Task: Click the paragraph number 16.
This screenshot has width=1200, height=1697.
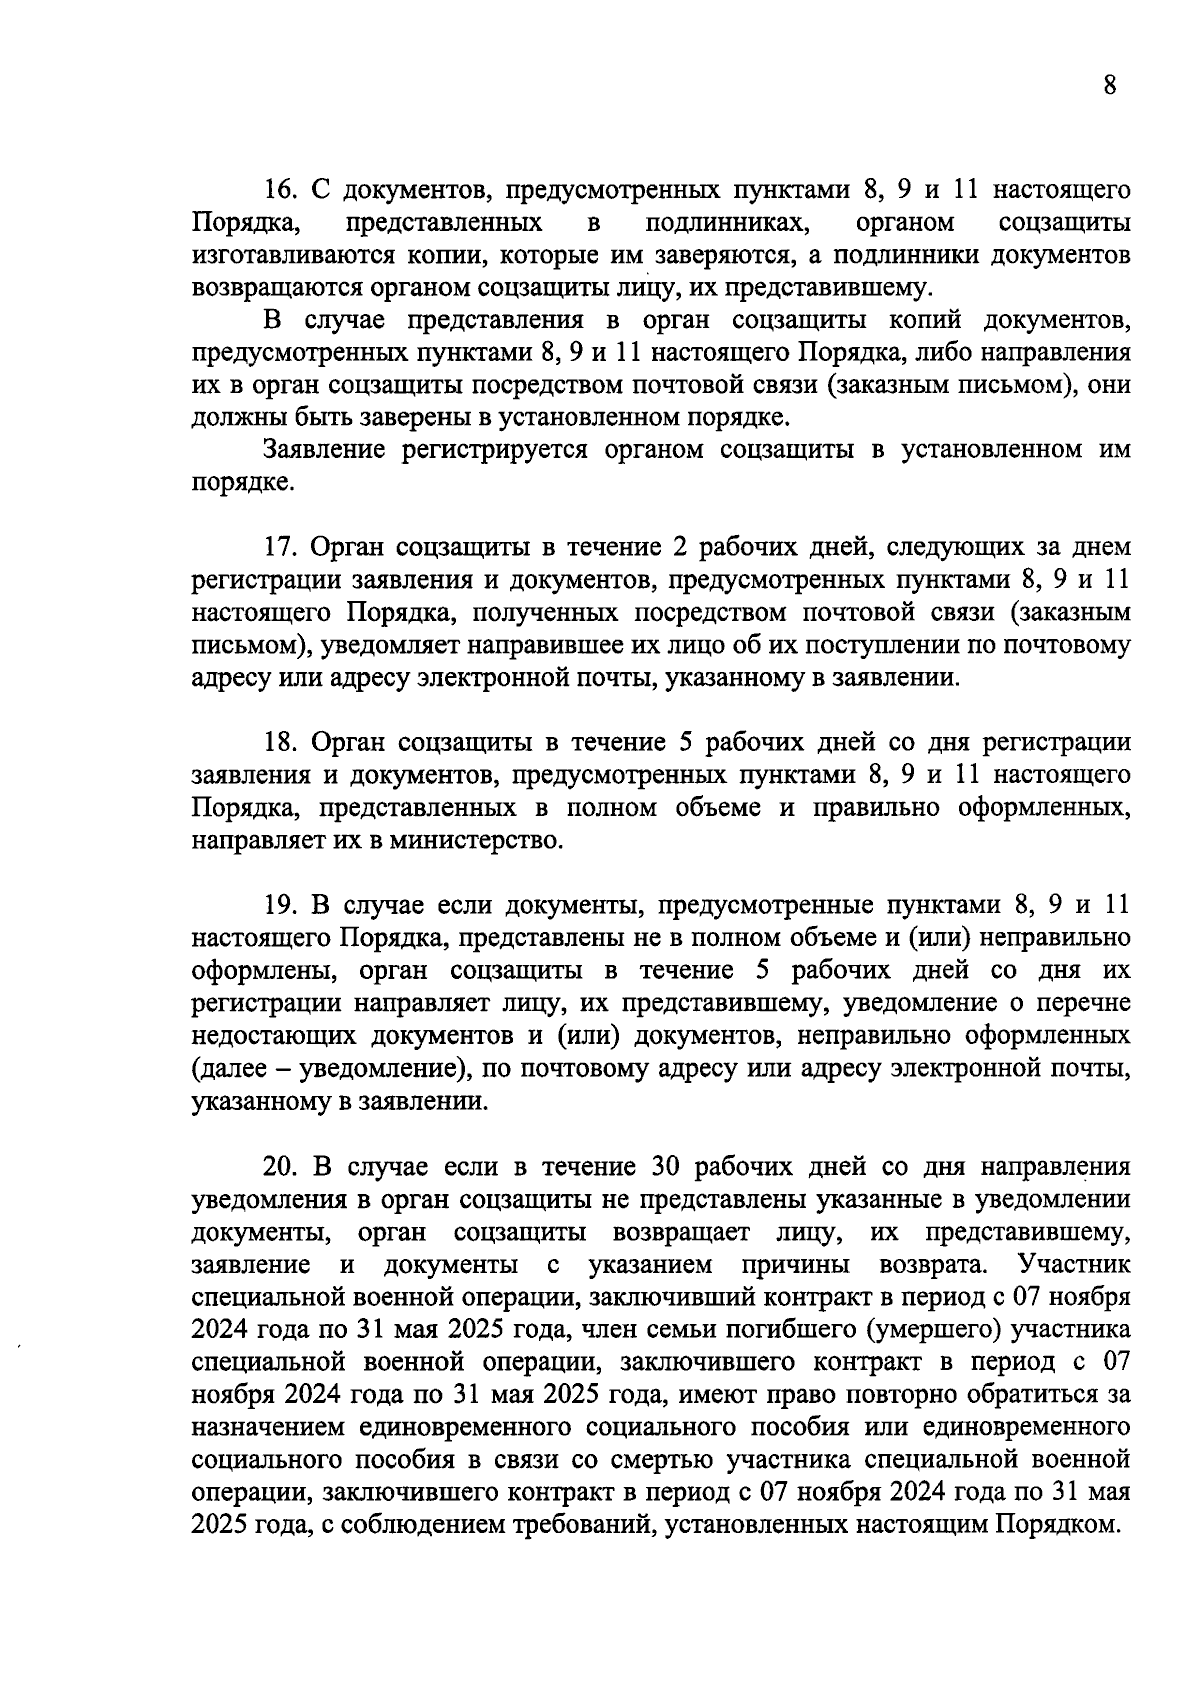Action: tap(277, 189)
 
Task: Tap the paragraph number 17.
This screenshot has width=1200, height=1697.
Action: tap(277, 548)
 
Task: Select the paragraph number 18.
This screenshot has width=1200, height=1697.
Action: tap(277, 742)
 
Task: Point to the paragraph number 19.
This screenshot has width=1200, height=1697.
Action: tap(277, 905)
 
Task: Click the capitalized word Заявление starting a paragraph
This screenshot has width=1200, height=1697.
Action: tap(324, 450)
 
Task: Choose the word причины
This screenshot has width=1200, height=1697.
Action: tap(795, 1265)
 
